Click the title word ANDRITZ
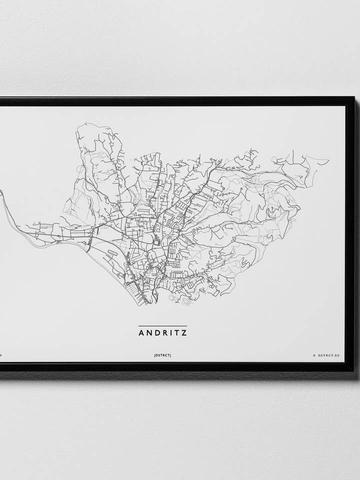click(162, 332)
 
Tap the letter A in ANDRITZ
click(141, 332)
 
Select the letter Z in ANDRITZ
click(184, 332)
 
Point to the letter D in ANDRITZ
click(156, 332)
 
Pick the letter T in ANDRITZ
click(177, 332)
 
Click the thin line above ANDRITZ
click(162, 326)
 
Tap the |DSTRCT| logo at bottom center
click(162, 355)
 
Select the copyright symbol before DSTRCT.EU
click(314, 355)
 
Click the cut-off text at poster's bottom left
click(1, 355)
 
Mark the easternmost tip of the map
click(328, 161)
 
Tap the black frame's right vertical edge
click(350, 235)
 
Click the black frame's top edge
click(175, 101)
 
